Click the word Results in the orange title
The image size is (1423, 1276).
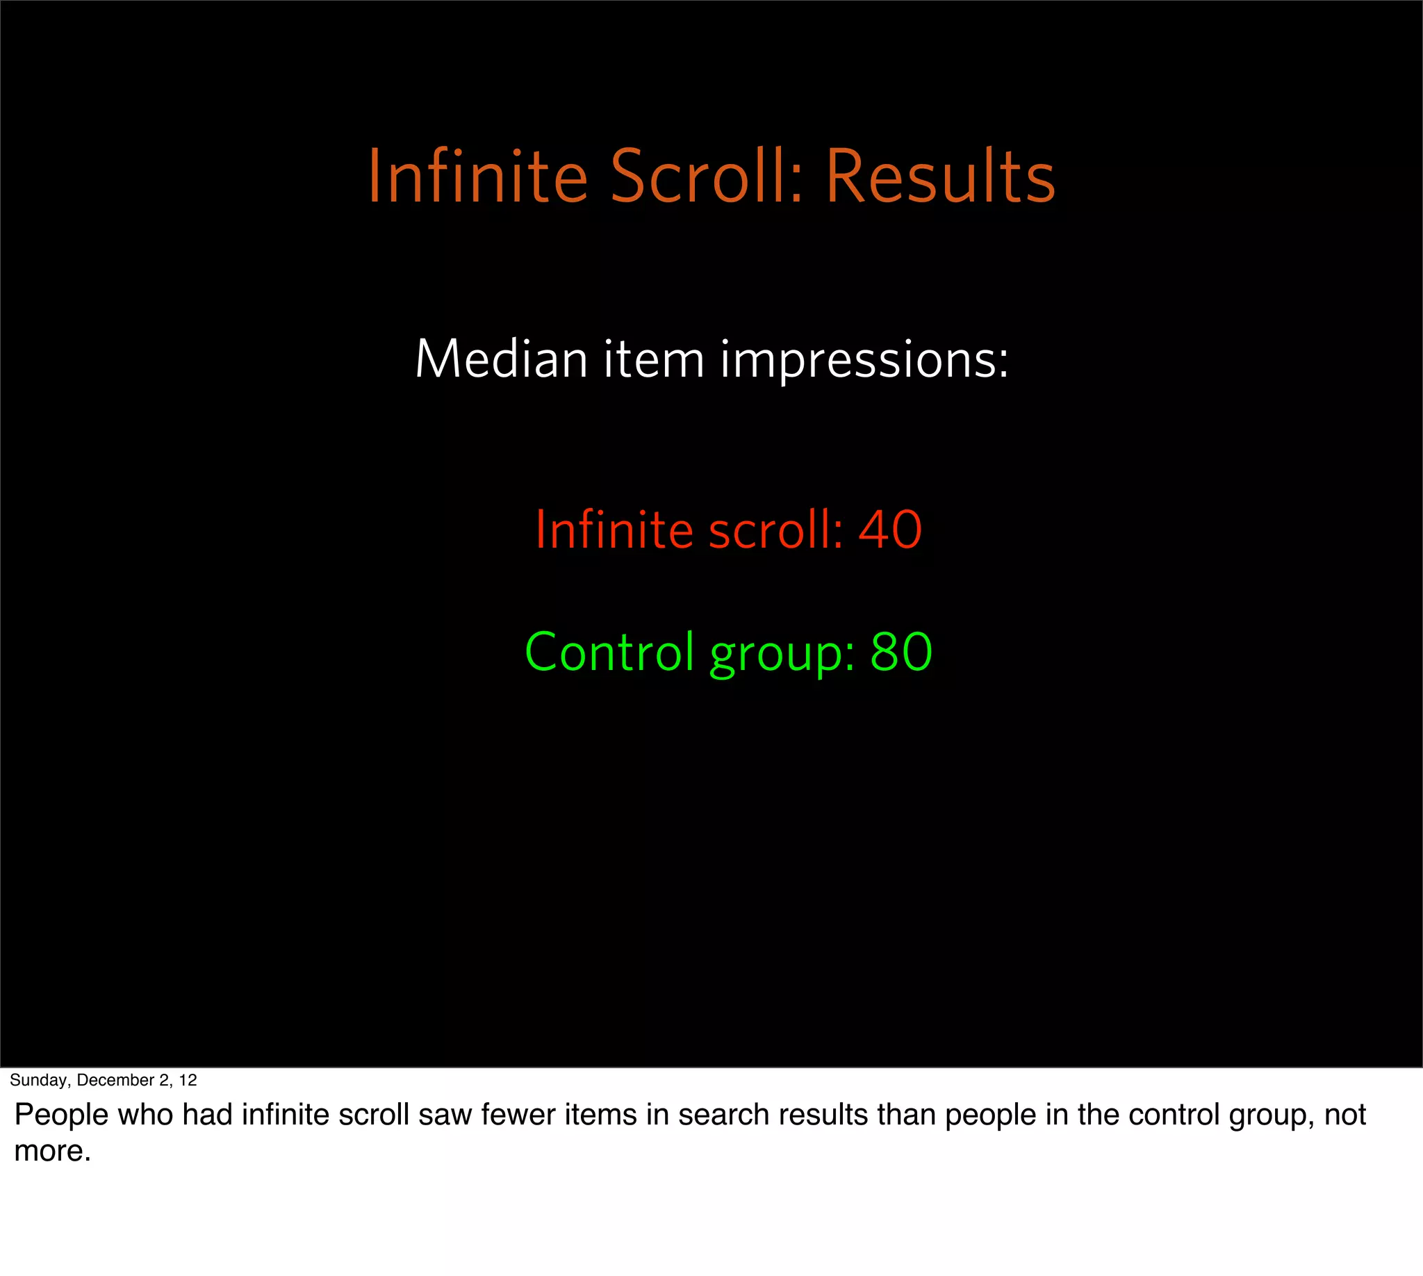click(939, 177)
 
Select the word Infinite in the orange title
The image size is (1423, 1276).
click(477, 177)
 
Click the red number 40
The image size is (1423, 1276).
click(889, 530)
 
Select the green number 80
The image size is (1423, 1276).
click(900, 652)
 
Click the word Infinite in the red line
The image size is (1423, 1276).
click(614, 530)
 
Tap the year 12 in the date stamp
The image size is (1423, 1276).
click(188, 1081)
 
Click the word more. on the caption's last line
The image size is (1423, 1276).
click(53, 1152)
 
